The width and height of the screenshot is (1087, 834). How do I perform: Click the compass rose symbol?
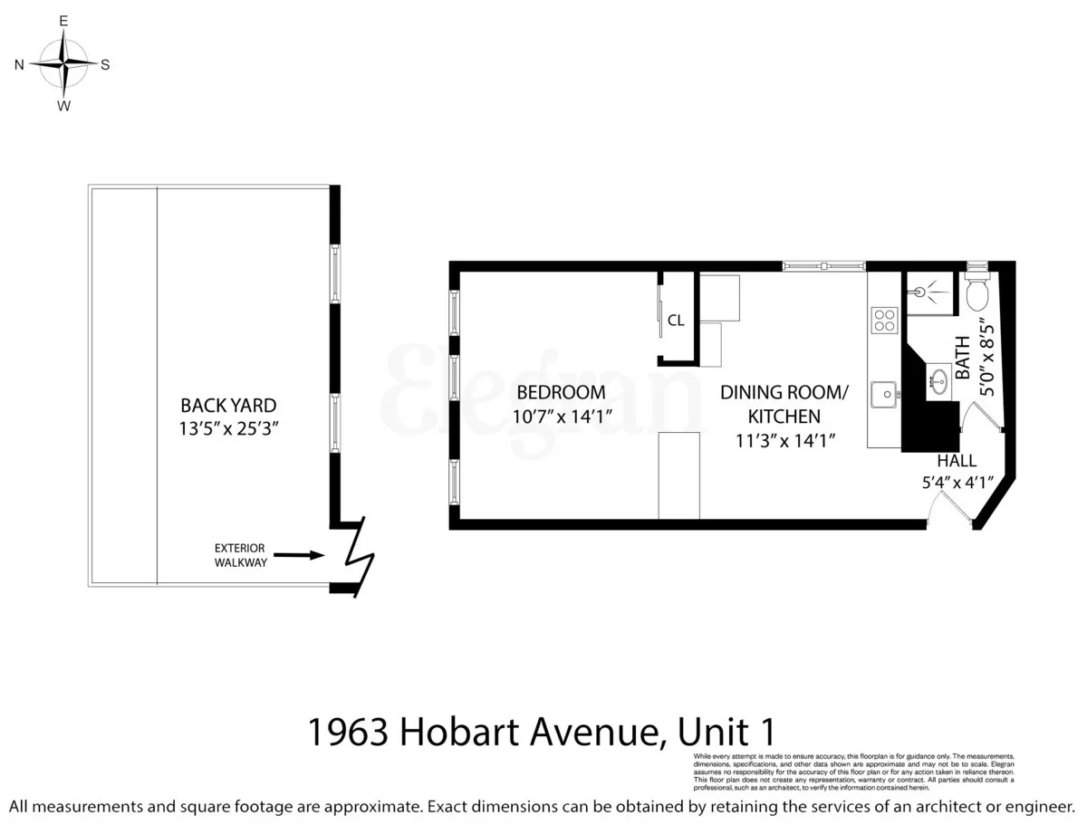(x=64, y=63)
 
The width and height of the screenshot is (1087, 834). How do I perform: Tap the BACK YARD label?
(x=228, y=406)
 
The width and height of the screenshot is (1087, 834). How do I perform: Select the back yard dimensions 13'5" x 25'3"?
(x=228, y=428)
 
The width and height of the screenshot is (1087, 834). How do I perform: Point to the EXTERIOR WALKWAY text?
(x=239, y=555)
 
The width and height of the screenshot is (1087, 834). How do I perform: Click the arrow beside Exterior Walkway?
(x=298, y=554)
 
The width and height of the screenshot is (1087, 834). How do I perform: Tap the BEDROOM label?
(x=561, y=392)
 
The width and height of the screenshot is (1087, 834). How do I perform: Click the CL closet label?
(x=676, y=320)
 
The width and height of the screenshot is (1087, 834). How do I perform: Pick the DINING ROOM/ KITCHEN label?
(x=784, y=404)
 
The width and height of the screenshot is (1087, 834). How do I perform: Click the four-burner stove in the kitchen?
(x=883, y=320)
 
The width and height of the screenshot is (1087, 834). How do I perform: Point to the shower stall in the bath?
(x=929, y=292)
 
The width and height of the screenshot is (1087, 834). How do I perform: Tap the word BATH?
(x=963, y=358)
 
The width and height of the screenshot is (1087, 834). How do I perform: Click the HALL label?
(x=957, y=461)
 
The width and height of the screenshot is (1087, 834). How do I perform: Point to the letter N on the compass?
(x=19, y=64)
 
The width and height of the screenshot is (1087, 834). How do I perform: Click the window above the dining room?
(x=824, y=265)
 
